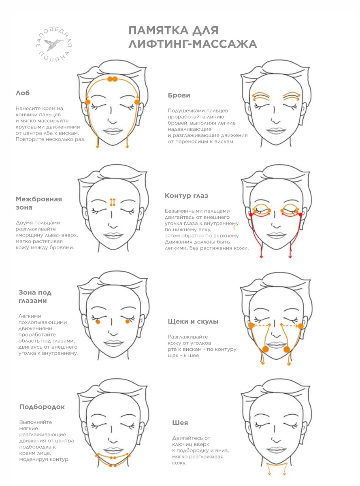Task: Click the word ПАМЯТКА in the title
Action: coord(158,30)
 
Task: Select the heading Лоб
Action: coord(23,93)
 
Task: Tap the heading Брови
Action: coord(179,95)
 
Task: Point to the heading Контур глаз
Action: coord(186,196)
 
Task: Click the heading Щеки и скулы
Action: coord(193,322)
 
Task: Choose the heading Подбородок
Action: coord(42,407)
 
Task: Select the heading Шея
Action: coord(180,423)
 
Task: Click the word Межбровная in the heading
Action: coord(39,199)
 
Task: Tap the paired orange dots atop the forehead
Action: coord(113,79)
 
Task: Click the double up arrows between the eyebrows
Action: coord(113,202)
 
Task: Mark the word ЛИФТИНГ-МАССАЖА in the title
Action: coord(193,44)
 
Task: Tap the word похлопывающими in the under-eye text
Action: coord(43,322)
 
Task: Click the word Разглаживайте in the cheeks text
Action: coord(188,337)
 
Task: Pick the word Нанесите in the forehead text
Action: coord(28,108)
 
